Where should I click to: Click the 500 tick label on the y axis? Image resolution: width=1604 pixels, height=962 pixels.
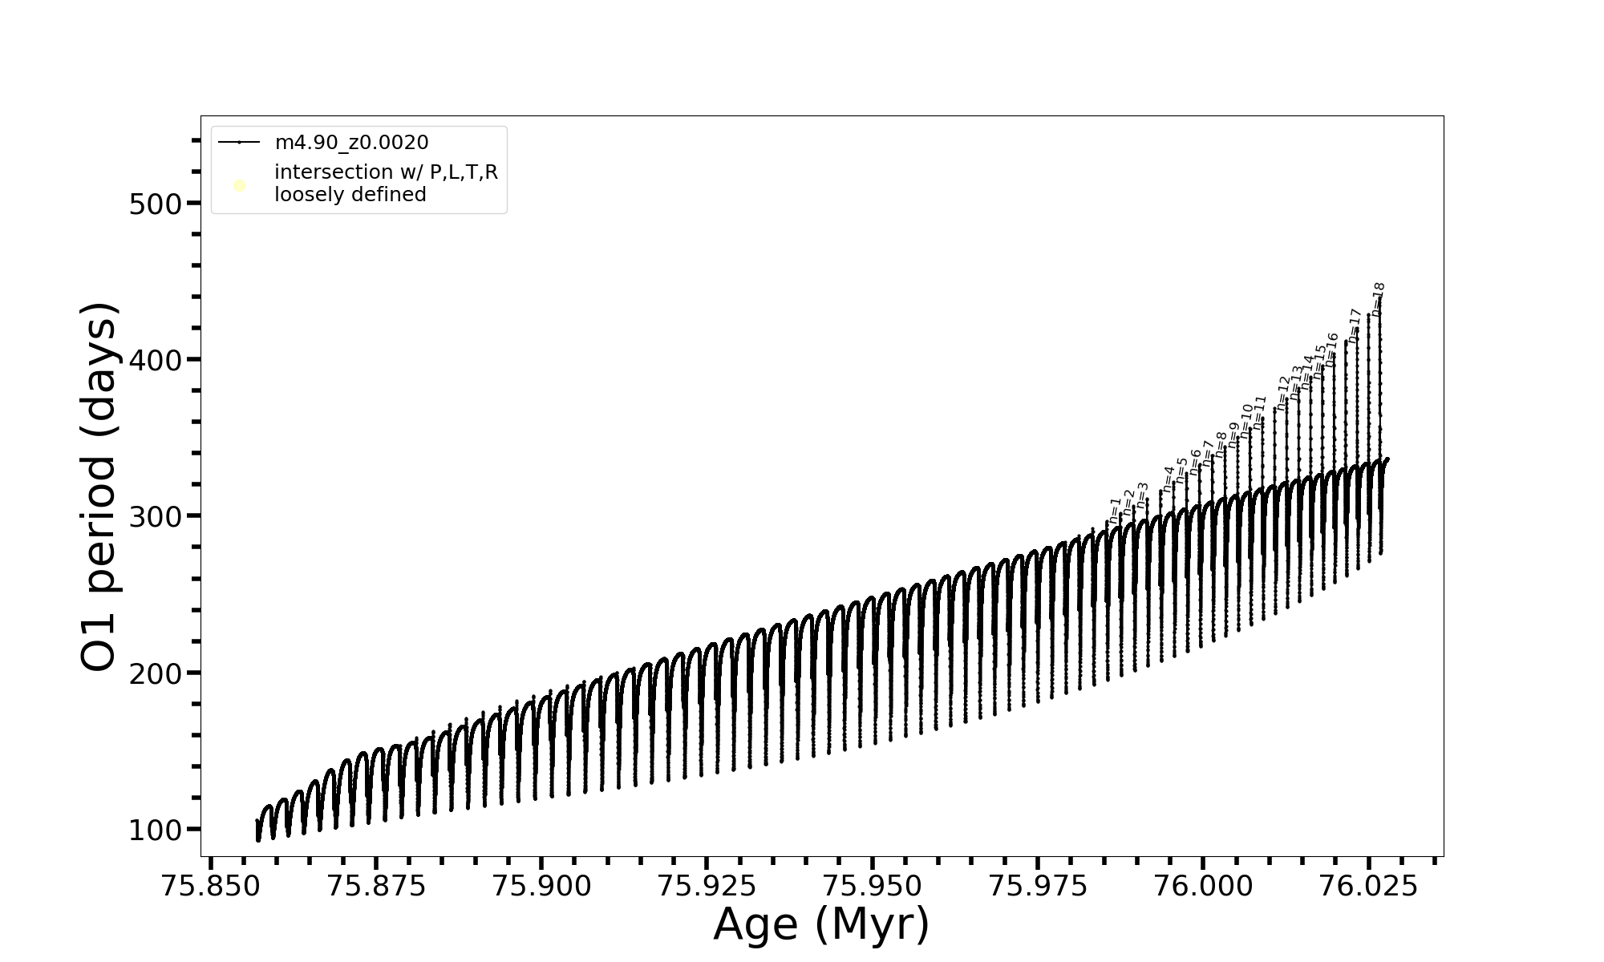(x=156, y=204)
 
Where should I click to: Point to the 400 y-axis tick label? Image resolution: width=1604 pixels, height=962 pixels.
(x=156, y=360)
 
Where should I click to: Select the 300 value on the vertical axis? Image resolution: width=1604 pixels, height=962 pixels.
(x=156, y=516)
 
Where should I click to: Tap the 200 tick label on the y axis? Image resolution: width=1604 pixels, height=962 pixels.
(x=156, y=673)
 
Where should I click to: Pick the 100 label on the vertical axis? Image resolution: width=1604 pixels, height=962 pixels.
(x=156, y=830)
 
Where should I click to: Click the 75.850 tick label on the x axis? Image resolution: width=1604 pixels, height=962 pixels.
(x=211, y=886)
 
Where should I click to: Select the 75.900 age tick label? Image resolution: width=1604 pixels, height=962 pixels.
(x=541, y=886)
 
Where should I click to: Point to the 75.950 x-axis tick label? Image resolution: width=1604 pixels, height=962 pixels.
(x=873, y=886)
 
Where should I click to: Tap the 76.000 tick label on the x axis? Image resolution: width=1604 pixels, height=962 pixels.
(x=1203, y=886)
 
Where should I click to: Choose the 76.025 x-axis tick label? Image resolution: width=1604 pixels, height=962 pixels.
(x=1368, y=886)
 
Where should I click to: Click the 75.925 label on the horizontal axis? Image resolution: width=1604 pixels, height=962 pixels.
(x=707, y=886)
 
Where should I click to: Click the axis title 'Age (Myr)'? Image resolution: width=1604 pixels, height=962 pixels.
(x=821, y=924)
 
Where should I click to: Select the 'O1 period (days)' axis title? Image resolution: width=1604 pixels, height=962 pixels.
(x=100, y=487)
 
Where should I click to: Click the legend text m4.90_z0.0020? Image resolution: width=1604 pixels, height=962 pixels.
(x=351, y=143)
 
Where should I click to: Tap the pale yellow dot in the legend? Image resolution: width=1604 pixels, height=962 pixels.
(x=239, y=186)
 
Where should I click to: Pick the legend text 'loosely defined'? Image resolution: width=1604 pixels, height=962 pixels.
(x=350, y=195)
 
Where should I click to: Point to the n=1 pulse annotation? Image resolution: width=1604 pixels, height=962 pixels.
(x=1115, y=511)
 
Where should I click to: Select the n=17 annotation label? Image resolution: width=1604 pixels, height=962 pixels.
(x=1355, y=325)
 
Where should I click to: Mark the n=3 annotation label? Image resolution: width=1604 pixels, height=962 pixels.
(x=1143, y=495)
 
